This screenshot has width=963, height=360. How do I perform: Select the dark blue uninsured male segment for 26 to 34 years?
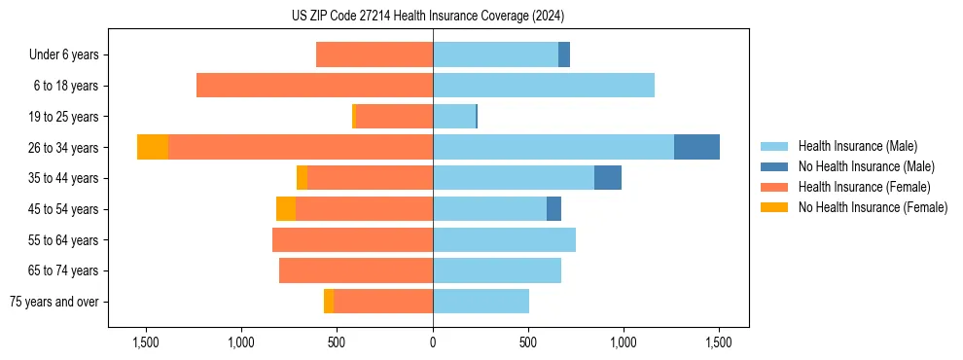[696, 147]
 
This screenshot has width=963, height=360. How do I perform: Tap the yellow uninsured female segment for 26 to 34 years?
[153, 147]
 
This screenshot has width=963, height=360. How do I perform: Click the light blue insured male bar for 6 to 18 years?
[544, 86]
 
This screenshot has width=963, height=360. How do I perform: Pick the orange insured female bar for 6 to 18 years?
[314, 86]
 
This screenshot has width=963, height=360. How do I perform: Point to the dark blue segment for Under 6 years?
[564, 54]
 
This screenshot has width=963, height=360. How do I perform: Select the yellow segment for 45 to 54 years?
[286, 209]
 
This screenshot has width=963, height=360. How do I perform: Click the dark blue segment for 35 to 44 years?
[608, 178]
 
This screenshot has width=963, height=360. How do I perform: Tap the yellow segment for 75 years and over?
[329, 302]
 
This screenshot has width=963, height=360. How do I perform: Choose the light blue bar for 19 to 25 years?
[454, 117]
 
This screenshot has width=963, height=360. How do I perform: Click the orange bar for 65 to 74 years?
[356, 270]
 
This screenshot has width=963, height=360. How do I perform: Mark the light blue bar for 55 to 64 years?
[504, 239]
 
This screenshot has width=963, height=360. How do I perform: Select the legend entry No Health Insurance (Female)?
[873, 207]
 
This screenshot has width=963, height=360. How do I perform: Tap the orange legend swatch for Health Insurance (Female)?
[774, 187]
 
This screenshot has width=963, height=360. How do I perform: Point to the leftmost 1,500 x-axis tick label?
[145, 342]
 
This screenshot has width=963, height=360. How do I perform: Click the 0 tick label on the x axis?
[433, 342]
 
